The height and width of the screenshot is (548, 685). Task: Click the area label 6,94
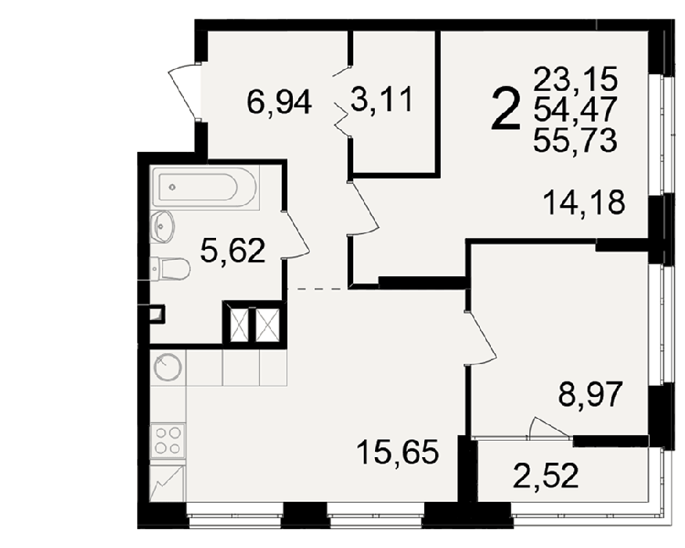tap(279, 102)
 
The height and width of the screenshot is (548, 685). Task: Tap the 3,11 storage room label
tap(382, 99)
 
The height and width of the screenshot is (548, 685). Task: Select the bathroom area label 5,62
tap(233, 251)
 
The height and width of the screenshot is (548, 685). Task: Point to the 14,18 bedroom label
tap(584, 202)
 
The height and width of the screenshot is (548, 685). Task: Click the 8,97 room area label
tap(589, 394)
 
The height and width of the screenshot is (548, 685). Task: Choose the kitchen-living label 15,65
tap(397, 452)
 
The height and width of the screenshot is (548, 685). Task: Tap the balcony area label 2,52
tap(546, 475)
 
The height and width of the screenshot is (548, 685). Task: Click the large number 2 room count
tap(507, 108)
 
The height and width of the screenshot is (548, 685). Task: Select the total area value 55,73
tap(575, 140)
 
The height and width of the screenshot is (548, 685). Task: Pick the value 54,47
tap(575, 110)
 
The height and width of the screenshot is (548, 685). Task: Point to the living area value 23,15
tap(575, 78)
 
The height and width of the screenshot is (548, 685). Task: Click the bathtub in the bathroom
tap(204, 187)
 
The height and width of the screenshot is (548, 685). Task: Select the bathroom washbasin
tap(162, 226)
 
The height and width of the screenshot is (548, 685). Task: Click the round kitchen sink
tap(168, 367)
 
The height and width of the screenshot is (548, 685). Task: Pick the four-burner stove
tap(168, 440)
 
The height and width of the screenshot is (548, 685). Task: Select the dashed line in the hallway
tap(318, 289)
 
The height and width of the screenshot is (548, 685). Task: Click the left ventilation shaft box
tap(239, 325)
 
